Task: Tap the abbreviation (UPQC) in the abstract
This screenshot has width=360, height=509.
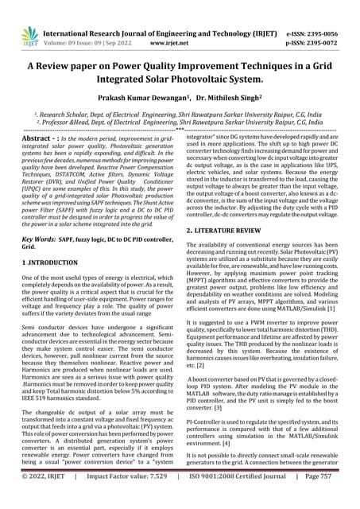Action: pos(35,178)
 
